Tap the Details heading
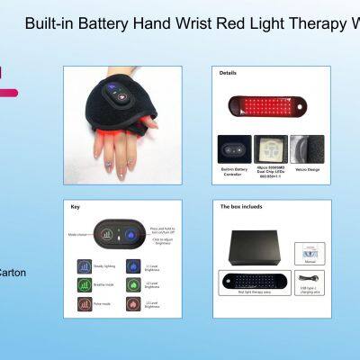[229, 74]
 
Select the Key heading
[75, 206]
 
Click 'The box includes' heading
[241, 206]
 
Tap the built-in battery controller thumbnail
[233, 148]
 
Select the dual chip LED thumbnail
[270, 148]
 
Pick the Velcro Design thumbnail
[307, 148]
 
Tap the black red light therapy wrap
[257, 280]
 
